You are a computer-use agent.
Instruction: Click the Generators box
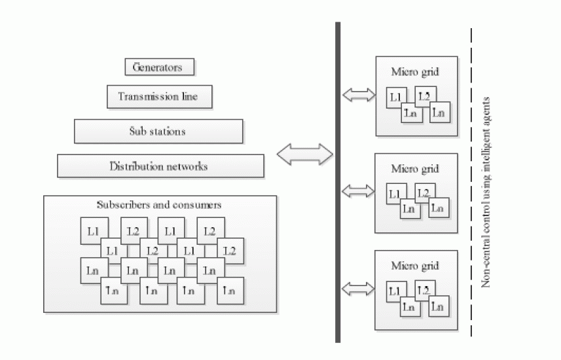coord(160,67)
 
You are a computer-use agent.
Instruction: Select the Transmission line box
coord(160,97)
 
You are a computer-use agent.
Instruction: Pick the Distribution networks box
coord(160,166)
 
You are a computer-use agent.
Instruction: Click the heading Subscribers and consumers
coord(158,205)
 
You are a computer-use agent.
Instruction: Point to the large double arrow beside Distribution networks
coord(305,154)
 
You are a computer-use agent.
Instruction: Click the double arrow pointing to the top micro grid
coord(359,95)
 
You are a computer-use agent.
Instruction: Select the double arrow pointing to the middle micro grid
coord(359,190)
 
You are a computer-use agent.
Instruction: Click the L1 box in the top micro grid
coord(395,98)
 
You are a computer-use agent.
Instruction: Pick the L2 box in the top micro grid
coord(425,96)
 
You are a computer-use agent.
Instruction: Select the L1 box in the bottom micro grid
coord(395,291)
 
